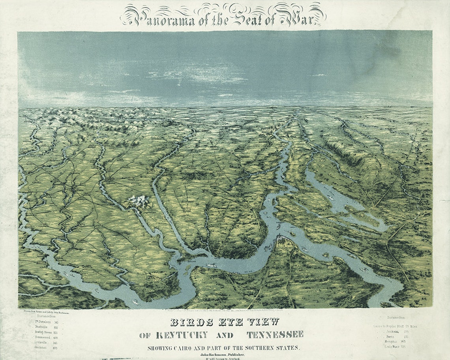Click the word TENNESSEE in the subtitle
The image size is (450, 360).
pos(275,335)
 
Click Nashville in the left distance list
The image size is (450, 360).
pos(43,328)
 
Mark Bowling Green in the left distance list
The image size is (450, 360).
pos(43,333)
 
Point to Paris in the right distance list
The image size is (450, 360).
pos(391,337)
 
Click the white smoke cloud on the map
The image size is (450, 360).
pos(138,201)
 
